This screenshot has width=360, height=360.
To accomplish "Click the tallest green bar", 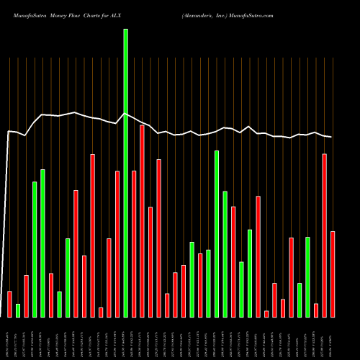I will [x=126, y=173].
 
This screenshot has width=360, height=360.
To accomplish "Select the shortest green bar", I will [x=18, y=310].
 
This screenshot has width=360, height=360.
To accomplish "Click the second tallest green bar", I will [x=217, y=233].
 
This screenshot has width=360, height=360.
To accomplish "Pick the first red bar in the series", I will [x=9, y=304].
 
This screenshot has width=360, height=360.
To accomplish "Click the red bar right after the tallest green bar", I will [x=134, y=243].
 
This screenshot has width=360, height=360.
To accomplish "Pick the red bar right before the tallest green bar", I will [x=117, y=243].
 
